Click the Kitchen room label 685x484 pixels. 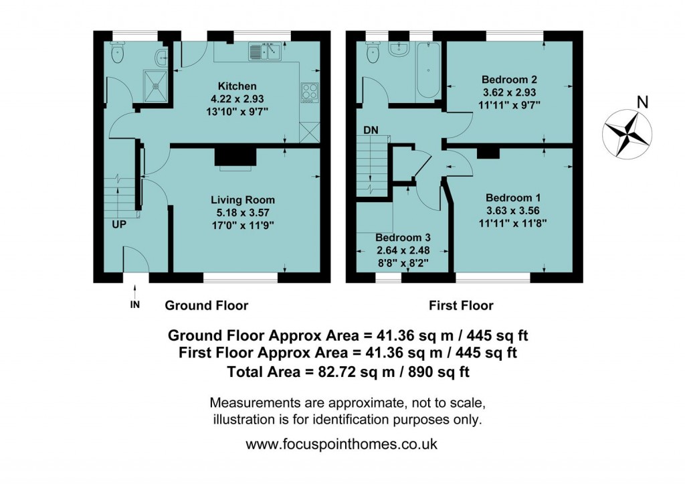point(237,86)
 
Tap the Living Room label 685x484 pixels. point(242,200)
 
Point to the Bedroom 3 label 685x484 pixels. point(402,238)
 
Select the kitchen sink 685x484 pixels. point(266,51)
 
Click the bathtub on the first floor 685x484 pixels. point(428,70)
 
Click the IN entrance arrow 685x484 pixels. point(136,292)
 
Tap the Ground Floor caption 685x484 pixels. point(206,306)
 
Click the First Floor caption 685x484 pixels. point(461,306)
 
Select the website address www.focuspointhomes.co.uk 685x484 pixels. point(342,443)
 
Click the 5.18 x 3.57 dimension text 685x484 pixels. point(242,212)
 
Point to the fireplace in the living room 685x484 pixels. point(235,157)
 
